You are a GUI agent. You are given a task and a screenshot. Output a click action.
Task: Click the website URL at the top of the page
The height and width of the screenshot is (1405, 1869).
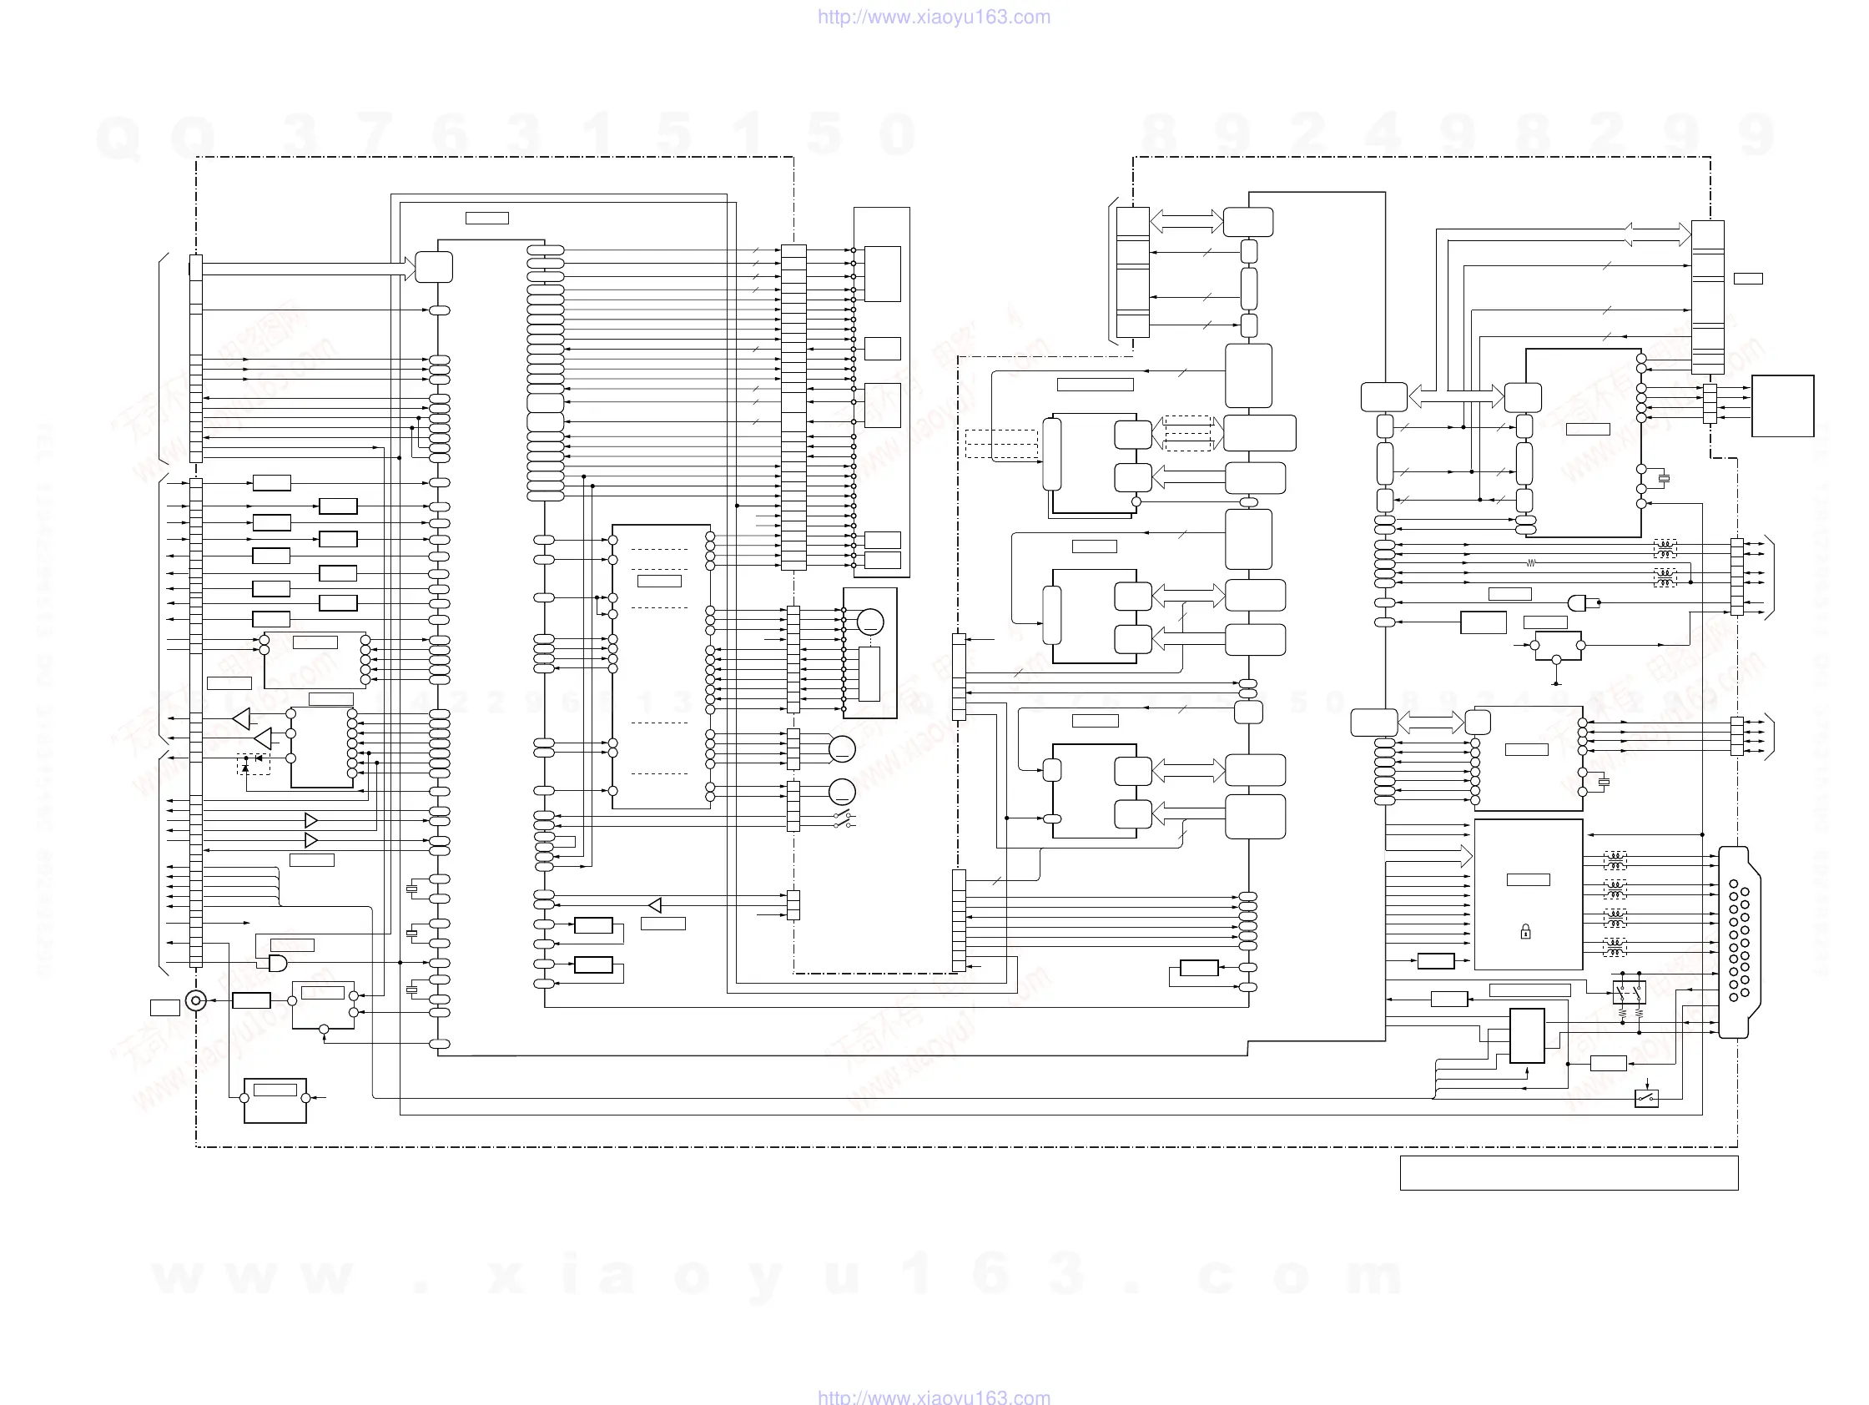pos(934,17)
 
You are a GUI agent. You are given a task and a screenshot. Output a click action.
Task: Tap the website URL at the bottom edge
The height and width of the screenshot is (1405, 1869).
pos(934,1396)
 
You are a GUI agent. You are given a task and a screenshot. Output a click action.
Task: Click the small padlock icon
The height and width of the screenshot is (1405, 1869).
pos(1525,932)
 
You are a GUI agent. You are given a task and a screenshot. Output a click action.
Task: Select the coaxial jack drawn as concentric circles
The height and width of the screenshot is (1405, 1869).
pos(196,1001)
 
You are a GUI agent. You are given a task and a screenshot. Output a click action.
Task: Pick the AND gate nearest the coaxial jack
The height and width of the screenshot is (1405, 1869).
pos(277,963)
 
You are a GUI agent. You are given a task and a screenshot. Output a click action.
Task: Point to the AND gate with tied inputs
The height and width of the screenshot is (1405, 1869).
pos(1578,602)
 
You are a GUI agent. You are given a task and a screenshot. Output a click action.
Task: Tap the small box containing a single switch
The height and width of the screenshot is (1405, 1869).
pos(1646,1098)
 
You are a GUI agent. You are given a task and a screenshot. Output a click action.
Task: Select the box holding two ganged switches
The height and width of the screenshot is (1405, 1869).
pos(1629,992)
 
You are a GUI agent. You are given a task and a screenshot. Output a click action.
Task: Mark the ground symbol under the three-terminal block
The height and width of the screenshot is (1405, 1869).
pos(1556,683)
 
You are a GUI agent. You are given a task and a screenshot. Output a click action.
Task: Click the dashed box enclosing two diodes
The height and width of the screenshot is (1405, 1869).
pos(254,763)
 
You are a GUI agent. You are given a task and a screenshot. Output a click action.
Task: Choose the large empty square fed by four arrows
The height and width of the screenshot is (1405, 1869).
pos(1782,405)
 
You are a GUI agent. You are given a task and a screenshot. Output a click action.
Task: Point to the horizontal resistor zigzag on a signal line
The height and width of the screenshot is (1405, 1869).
pos(1530,562)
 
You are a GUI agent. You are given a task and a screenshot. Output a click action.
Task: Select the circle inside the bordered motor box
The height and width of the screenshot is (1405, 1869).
pos(869,622)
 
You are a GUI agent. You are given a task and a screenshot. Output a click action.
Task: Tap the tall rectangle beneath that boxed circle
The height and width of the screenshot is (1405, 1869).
pos(869,673)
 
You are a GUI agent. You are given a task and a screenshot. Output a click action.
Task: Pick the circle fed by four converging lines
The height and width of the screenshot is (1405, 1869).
pos(842,748)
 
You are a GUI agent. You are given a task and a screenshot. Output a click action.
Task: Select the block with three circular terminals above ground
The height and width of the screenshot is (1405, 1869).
pos(1557,647)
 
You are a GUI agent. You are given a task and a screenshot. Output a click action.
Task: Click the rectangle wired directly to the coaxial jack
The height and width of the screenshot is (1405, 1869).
pos(251,1001)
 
